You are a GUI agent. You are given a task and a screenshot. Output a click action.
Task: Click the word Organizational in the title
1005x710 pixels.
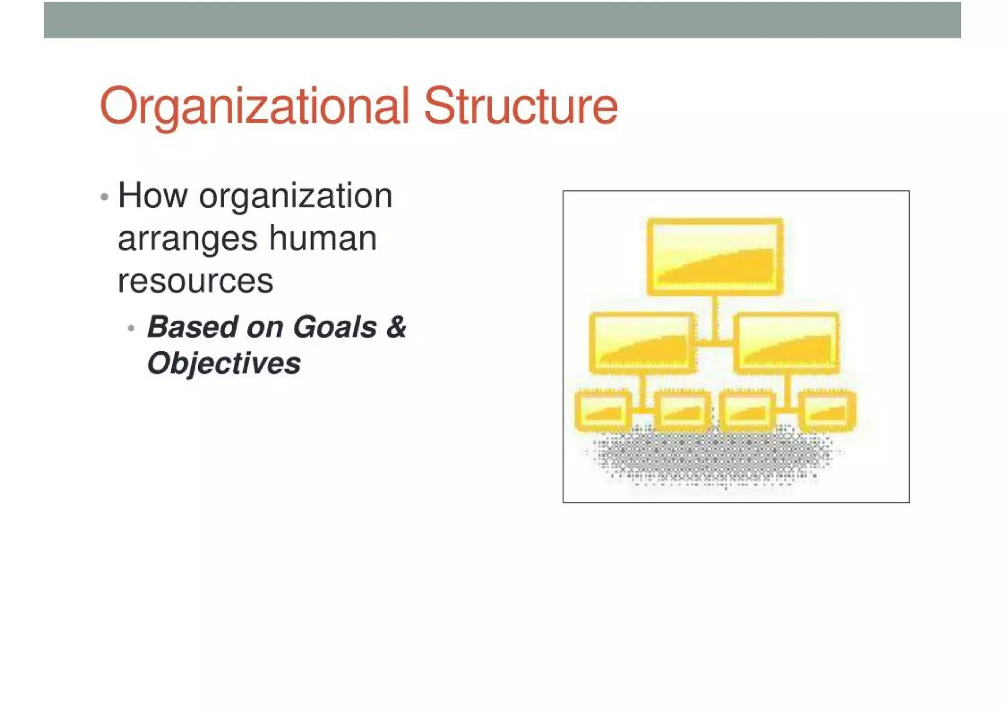tap(254, 106)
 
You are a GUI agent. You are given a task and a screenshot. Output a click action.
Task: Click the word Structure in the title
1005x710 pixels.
tap(520, 106)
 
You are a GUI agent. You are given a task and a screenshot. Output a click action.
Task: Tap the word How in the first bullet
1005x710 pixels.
tap(153, 196)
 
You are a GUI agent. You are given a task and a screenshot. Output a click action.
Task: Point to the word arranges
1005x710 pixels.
tap(187, 239)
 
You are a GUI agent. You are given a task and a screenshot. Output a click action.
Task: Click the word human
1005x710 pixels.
tap(323, 238)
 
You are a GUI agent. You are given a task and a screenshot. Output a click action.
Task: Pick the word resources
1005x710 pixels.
tap(195, 282)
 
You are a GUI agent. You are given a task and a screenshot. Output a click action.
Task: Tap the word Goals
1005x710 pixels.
tap(335, 327)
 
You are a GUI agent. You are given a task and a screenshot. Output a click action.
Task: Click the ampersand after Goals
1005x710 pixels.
tap(396, 327)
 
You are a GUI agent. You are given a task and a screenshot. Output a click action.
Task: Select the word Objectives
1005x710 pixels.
tap(224, 364)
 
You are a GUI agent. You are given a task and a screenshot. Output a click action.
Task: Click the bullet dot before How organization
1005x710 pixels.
tap(104, 197)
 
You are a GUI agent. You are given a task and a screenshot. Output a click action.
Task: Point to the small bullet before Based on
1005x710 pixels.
tap(131, 328)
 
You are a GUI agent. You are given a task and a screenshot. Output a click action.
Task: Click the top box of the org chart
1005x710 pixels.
tap(714, 257)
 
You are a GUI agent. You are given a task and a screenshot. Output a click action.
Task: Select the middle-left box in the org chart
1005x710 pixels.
tap(642, 343)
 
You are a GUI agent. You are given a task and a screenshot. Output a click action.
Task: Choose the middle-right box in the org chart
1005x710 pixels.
tap(786, 343)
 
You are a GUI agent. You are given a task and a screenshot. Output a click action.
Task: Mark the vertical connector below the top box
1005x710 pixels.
tap(715, 317)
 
